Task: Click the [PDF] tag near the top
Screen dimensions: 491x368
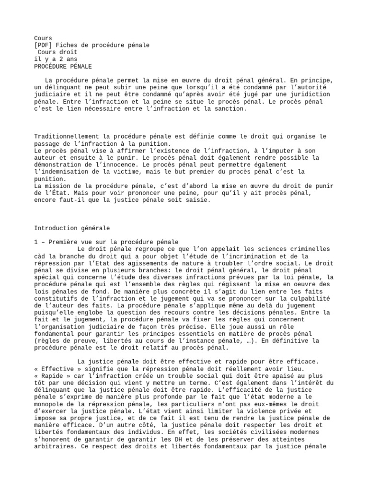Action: coord(43,45)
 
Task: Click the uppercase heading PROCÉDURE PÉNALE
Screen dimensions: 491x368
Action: coord(63,66)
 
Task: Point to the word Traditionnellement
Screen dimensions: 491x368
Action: coord(65,137)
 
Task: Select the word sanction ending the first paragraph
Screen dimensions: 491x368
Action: coord(229,109)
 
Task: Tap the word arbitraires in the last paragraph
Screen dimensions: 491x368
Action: coord(53,445)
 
